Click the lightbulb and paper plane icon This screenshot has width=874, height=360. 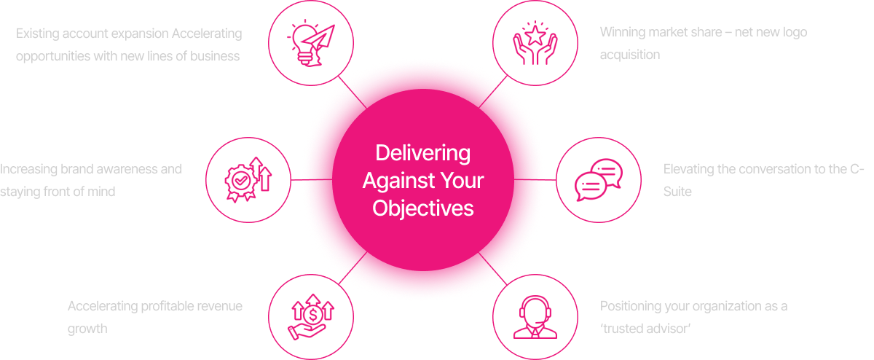tap(311, 43)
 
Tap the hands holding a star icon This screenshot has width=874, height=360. tap(535, 43)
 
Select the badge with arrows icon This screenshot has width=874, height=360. tap(248, 179)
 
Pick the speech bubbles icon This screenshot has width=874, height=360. tap(599, 179)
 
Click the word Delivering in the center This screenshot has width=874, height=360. tap(422, 154)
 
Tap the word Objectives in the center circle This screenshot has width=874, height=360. tap(422, 208)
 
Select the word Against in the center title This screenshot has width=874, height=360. tap(394, 181)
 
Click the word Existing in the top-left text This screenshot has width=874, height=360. tap(38, 34)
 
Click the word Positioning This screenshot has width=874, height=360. tap(631, 306)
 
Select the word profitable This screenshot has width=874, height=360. tap(161, 306)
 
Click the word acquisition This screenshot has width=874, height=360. tap(630, 55)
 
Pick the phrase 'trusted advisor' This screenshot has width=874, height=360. tap(645, 329)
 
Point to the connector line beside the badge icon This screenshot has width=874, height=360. tap(296, 179)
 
